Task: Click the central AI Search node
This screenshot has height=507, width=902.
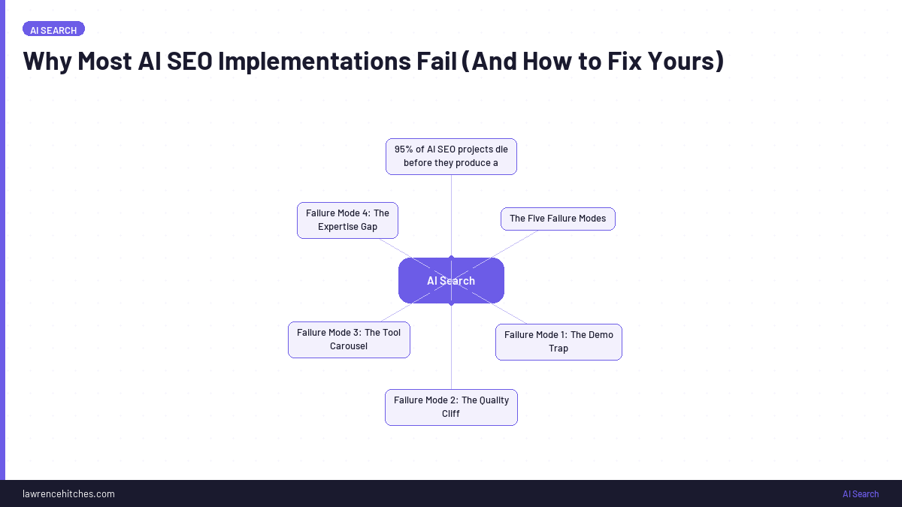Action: [451, 281]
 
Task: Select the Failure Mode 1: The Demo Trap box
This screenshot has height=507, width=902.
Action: [558, 342]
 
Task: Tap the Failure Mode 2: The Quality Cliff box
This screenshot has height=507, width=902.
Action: [451, 407]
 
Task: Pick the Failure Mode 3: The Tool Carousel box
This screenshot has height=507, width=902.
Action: [349, 340]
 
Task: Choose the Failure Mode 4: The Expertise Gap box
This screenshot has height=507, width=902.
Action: [347, 220]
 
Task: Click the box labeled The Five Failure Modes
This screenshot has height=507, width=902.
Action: [558, 219]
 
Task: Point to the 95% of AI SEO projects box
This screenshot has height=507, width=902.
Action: [451, 156]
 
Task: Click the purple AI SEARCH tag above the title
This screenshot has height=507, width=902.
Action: [53, 30]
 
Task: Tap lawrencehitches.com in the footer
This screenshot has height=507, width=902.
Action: [68, 493]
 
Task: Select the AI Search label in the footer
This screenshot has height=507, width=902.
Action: [860, 493]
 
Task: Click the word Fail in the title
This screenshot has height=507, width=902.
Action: [436, 61]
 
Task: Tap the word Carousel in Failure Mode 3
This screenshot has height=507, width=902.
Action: [349, 346]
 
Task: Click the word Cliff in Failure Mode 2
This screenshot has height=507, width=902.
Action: [451, 414]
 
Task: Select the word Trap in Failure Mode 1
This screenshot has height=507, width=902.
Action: [558, 349]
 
